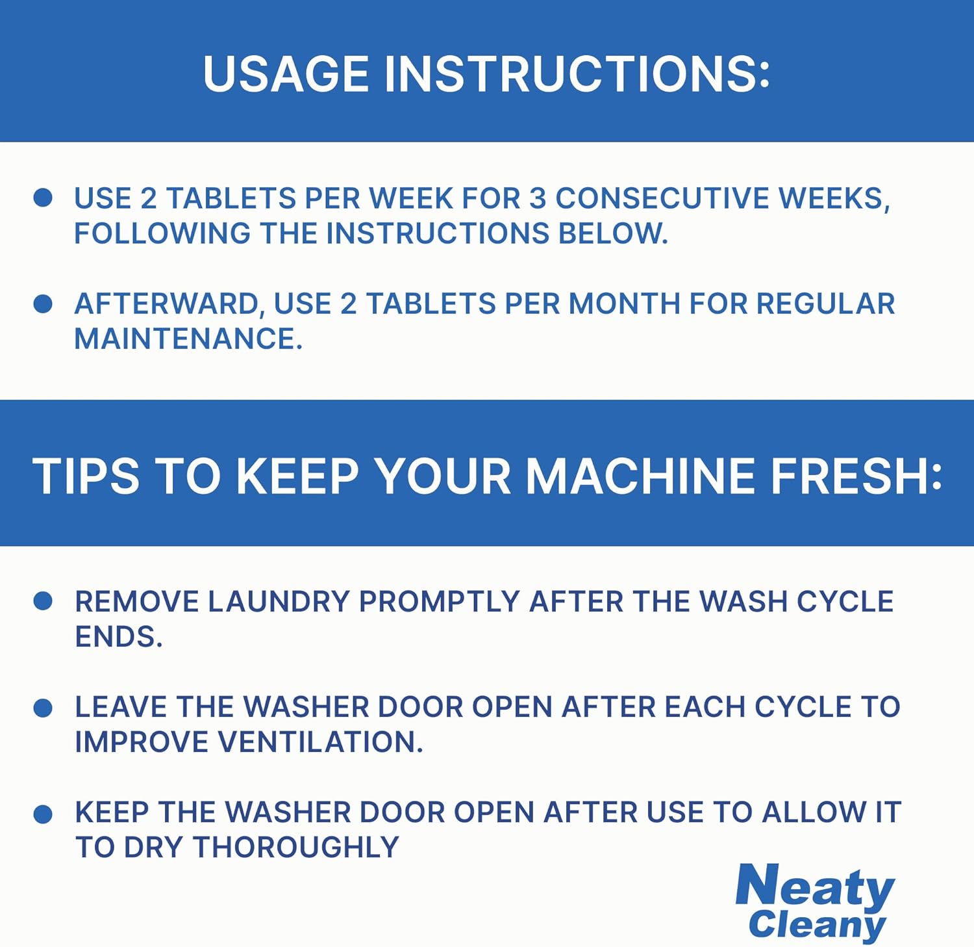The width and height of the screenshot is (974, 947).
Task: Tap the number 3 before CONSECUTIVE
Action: pyautogui.click(x=538, y=198)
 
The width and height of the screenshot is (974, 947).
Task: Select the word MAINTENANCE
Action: pyautogui.click(x=188, y=339)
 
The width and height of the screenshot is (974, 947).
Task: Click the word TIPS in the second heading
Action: pyautogui.click(x=86, y=476)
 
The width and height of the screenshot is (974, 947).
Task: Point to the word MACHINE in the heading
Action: pyautogui.click(x=640, y=476)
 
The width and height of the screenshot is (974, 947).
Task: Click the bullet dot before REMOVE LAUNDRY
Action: pyautogui.click(x=43, y=601)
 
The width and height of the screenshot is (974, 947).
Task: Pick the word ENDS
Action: pyautogui.click(x=118, y=636)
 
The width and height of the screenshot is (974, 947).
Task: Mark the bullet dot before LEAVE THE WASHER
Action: pyautogui.click(x=43, y=708)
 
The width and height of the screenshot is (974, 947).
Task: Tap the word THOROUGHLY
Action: pyautogui.click(x=295, y=847)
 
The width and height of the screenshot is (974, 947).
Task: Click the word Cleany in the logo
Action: pyautogui.click(x=817, y=925)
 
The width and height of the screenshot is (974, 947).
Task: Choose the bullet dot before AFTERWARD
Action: pyautogui.click(x=43, y=304)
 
